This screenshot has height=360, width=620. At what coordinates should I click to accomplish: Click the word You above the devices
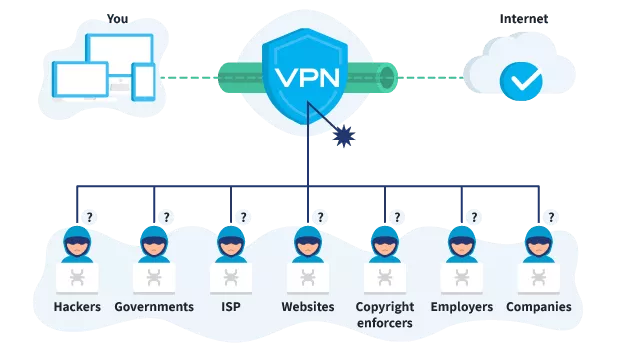coord(117,19)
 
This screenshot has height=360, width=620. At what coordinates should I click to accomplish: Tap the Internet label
coord(524,19)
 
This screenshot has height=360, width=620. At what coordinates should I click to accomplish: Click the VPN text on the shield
coord(308,78)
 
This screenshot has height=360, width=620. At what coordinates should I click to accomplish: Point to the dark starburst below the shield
coord(344,136)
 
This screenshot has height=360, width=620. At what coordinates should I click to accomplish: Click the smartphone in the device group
coord(143,81)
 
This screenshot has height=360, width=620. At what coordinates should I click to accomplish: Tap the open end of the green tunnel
coord(387,77)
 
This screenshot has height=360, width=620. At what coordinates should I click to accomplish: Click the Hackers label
coord(77,307)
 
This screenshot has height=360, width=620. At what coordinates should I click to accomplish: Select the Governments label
coord(154,307)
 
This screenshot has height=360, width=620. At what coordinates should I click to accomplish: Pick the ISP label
coord(231,307)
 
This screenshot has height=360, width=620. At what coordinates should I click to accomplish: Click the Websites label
coord(308,307)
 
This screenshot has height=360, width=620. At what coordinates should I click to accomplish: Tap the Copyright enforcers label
coord(385,315)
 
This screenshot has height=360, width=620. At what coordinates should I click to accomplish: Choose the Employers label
coord(461,307)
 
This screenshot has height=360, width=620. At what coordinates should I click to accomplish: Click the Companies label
coord(539,307)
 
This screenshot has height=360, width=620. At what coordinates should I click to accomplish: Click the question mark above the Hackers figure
coord(90,217)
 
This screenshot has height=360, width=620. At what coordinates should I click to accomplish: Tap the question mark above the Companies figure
coord(551,217)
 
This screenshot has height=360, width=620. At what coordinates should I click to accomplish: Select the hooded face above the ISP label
coord(231,243)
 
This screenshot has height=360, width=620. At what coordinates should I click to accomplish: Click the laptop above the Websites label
coord(308,279)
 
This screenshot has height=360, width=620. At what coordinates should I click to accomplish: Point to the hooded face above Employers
coord(461,243)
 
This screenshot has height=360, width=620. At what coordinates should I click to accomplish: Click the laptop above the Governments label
coord(154,279)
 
